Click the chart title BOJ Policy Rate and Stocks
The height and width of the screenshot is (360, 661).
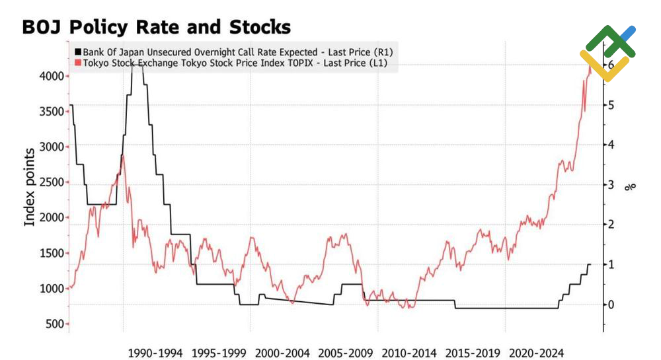(157, 27)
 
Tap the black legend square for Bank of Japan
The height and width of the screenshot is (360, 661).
(78, 52)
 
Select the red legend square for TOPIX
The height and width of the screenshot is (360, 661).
(78, 63)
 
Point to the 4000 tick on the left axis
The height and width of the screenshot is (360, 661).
(52, 76)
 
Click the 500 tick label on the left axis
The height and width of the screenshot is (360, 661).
(56, 324)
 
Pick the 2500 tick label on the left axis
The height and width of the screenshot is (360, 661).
(52, 182)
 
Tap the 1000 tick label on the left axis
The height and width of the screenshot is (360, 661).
(52, 289)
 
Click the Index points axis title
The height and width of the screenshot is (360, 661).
(29, 188)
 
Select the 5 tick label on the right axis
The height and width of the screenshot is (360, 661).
(611, 105)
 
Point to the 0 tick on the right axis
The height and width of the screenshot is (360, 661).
(611, 305)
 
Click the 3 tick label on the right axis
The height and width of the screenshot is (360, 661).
(611, 184)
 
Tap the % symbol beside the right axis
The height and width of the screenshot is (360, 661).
(630, 186)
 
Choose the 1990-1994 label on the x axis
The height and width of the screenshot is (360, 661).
(155, 353)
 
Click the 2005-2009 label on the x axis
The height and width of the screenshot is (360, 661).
(346, 353)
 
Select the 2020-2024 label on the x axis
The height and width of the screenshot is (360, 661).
(536, 353)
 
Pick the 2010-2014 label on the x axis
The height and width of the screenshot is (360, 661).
(409, 353)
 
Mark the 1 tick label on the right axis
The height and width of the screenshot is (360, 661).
(611, 264)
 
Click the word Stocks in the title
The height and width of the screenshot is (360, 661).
(260, 27)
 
